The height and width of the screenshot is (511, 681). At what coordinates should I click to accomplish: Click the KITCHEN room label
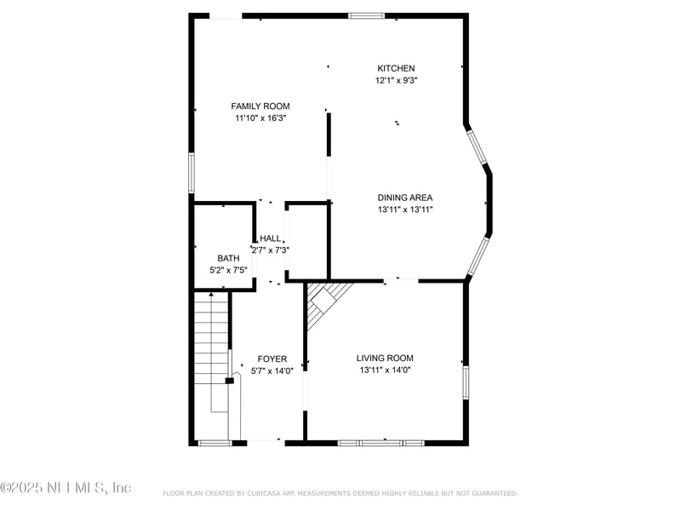[x=396, y=68]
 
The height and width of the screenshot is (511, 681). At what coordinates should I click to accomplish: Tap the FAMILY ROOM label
[x=260, y=106]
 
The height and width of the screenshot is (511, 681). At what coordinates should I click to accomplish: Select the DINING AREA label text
[x=405, y=198]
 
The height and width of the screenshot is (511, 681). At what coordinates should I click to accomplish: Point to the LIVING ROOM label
[x=385, y=359]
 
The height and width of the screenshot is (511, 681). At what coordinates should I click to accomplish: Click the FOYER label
[x=272, y=359]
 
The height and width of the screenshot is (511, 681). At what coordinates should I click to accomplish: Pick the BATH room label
[x=228, y=258]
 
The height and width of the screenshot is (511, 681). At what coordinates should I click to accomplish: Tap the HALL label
[x=271, y=238]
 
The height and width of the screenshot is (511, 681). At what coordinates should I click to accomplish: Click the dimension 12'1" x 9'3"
[x=396, y=80]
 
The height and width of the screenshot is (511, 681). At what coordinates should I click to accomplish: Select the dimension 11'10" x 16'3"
[x=260, y=118]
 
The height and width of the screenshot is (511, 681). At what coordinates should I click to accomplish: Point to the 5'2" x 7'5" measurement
[x=228, y=270]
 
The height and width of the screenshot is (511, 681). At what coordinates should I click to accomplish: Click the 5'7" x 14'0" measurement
[x=272, y=371]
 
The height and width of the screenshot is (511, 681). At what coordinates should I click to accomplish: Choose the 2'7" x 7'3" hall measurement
[x=271, y=250]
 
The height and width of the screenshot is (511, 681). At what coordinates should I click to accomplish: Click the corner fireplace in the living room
[x=328, y=302]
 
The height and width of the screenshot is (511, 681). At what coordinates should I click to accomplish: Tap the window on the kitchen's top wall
[x=366, y=15]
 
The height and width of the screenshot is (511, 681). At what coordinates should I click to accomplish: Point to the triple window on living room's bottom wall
[x=381, y=443]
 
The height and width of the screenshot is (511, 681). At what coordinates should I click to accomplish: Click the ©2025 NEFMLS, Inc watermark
[x=66, y=488]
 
